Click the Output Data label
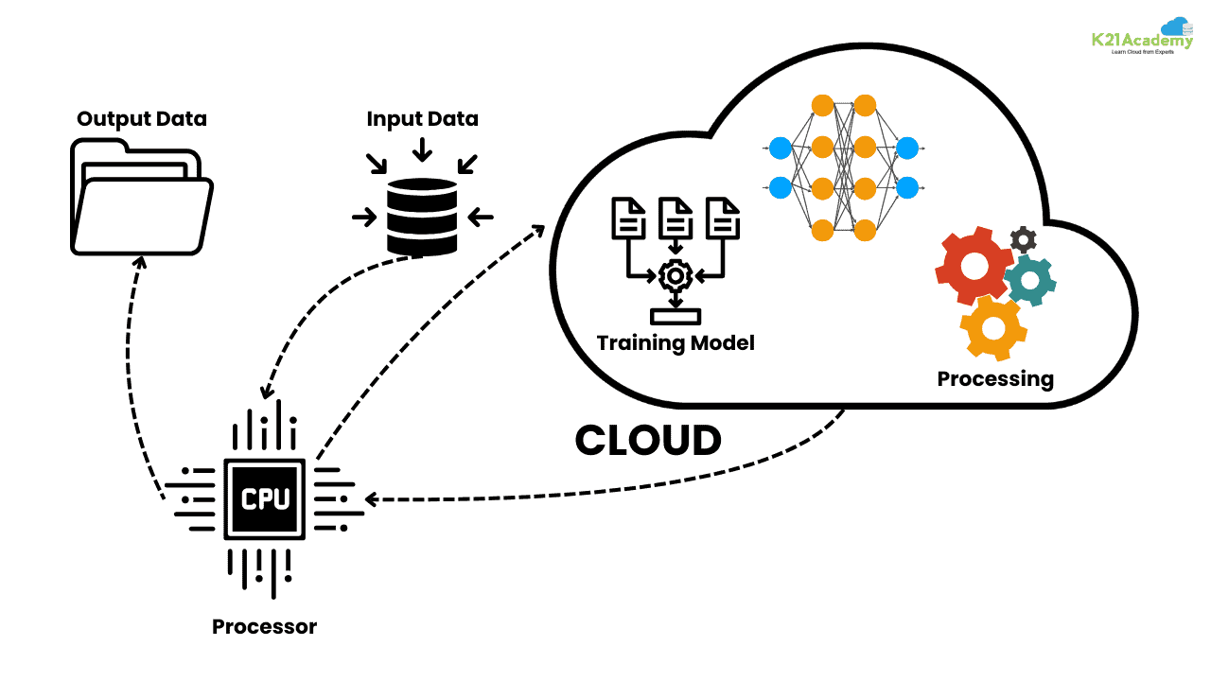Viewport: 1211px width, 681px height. tap(142, 119)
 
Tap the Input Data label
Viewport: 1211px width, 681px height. tap(422, 119)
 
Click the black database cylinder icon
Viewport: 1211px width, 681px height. tap(422, 217)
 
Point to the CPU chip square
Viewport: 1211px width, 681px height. tap(265, 498)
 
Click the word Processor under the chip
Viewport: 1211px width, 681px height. tap(264, 626)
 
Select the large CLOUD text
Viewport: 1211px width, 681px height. tap(648, 440)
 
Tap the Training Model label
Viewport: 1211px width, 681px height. tap(676, 341)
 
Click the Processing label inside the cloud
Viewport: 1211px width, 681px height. tap(995, 378)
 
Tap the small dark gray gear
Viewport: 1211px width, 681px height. tap(1023, 238)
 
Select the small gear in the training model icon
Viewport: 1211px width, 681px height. tap(676, 276)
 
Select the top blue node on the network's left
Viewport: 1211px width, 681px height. tap(780, 148)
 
